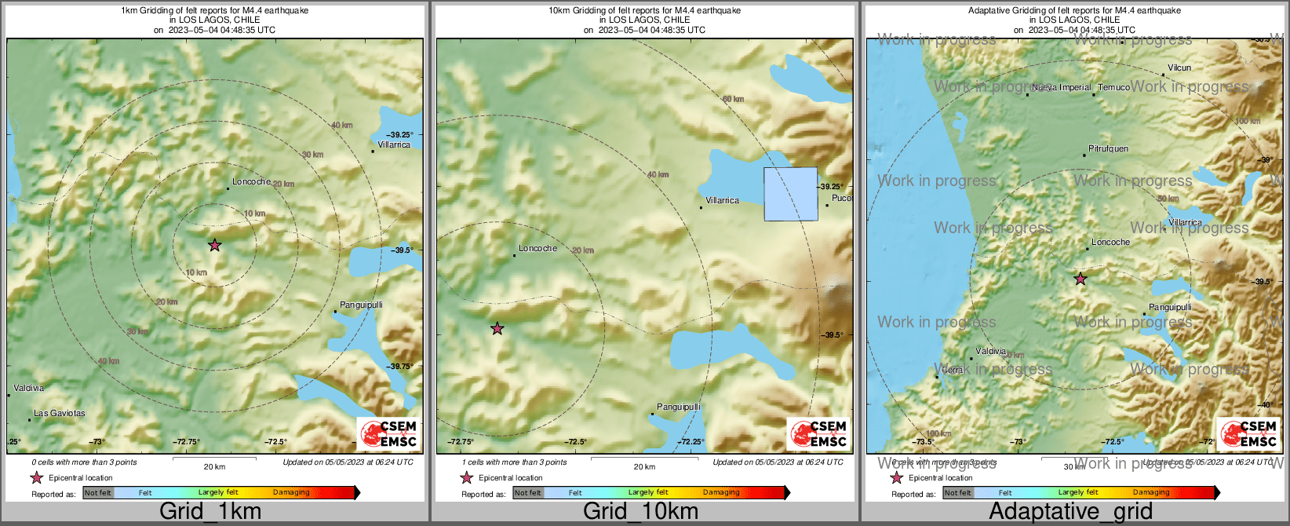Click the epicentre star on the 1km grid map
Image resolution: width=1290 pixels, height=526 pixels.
pos(214,245)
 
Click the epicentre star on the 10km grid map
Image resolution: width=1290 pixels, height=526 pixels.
pos(497,328)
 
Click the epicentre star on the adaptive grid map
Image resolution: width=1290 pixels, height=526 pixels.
pos(1080,279)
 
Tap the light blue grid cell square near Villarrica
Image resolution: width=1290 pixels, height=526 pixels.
pos(791,193)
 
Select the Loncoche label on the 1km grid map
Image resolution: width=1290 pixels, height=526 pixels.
pos(251,181)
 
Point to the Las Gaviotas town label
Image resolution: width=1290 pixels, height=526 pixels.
pos(60,413)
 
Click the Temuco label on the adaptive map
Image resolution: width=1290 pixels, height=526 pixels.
pos(1114,87)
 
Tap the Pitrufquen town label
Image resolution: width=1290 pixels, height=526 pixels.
pos(1109,148)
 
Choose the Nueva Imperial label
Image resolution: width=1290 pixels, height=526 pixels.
pos(1062,87)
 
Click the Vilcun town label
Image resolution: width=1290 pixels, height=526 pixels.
pos(1179,68)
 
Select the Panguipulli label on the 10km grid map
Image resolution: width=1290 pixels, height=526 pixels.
pos(678,407)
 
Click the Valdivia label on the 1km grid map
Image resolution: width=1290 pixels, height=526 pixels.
pos(29,388)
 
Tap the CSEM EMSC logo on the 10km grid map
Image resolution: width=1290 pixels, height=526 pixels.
pos(818,433)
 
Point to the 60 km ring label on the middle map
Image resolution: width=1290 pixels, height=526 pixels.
pos(733,99)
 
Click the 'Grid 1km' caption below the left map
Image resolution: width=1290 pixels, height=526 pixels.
pos(210,511)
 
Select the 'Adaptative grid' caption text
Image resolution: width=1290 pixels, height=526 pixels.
pos(1070,511)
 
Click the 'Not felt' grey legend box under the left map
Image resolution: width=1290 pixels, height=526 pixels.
pos(98,492)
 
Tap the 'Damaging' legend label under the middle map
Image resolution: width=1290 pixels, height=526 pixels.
pos(721,492)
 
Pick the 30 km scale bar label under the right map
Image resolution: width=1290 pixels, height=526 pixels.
pos(1074,466)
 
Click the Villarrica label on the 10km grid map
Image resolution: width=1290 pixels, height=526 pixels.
pos(722,200)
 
